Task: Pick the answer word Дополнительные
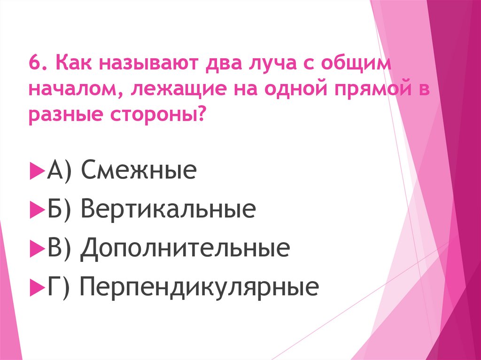coord(185,248)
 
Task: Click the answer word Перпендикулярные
coord(199,286)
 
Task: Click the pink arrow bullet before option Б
coord(35,210)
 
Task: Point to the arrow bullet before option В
coord(35,248)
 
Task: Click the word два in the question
coord(224,63)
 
